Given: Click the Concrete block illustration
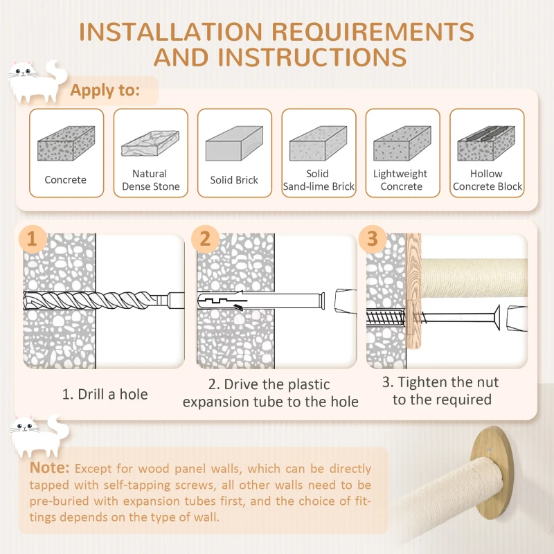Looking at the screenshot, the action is [x=66, y=143].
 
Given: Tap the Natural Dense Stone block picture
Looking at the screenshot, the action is [x=150, y=143].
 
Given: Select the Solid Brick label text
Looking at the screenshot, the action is [x=234, y=180].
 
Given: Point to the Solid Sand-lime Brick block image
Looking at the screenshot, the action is [x=318, y=143].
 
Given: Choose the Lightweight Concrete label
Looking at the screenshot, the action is [x=401, y=180].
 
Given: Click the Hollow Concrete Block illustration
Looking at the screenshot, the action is [x=486, y=143].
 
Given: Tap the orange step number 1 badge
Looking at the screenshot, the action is [x=32, y=239].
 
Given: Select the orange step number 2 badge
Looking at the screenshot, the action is [x=205, y=239].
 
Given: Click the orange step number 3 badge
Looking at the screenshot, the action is [x=373, y=239].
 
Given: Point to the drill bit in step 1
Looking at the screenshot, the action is [x=103, y=301].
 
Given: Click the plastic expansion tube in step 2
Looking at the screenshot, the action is [x=262, y=301].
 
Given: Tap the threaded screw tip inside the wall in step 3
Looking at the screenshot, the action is [x=386, y=317].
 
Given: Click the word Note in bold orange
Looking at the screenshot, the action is [x=49, y=468].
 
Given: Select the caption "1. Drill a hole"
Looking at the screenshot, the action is [x=105, y=394].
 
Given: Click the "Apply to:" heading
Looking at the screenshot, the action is [x=105, y=91].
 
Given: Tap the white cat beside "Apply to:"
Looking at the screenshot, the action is [x=37, y=82].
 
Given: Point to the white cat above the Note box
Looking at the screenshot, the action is [x=39, y=436].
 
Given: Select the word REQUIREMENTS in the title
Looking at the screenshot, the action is [x=373, y=32].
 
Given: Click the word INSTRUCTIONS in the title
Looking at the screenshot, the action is [x=312, y=57].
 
